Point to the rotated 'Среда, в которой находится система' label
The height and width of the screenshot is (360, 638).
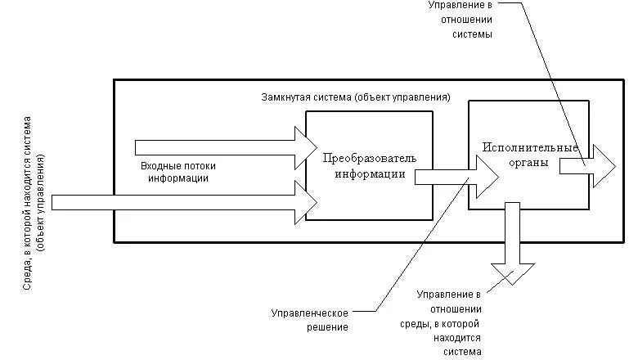[x=34, y=214]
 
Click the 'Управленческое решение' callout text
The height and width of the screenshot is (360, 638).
[x=310, y=320]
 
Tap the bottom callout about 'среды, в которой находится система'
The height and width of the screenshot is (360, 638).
[x=449, y=322]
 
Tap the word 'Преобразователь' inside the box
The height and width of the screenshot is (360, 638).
[x=370, y=157]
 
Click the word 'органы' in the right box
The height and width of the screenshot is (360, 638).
[x=531, y=163]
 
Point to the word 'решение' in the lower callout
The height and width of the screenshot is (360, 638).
[x=330, y=327]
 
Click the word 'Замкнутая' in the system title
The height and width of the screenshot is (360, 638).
[x=278, y=97]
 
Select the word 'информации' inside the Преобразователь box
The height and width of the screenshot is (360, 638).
[x=370, y=173]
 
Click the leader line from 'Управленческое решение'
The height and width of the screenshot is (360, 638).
[x=417, y=245]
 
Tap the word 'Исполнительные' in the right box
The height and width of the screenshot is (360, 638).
[x=530, y=148]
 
